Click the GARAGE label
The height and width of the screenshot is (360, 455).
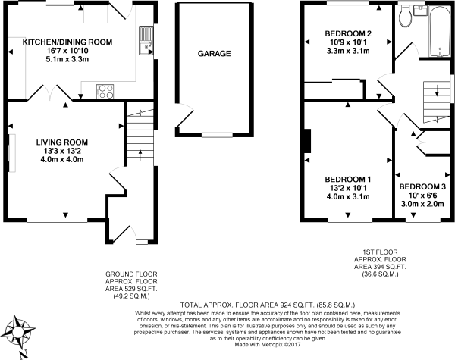pyautogui.click(x=214, y=53)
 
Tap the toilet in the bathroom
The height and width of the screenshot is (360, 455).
pyautogui.click(x=406, y=15)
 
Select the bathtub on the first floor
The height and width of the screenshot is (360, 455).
pyautogui.click(x=439, y=31)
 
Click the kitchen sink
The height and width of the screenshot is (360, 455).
pyautogui.click(x=146, y=40)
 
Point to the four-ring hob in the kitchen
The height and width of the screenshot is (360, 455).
pyautogui.click(x=105, y=92)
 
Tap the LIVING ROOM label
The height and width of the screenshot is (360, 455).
pyautogui.click(x=62, y=142)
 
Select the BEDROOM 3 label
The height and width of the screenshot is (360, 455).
pyautogui.click(x=422, y=186)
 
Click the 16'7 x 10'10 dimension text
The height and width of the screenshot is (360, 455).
pyautogui.click(x=67, y=51)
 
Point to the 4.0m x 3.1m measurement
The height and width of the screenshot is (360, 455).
pyautogui.click(x=348, y=197)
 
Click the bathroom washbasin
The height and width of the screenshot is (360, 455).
pyautogui.click(x=419, y=11)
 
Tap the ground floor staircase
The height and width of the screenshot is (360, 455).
pyautogui.click(x=140, y=137)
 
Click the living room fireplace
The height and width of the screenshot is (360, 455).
pyautogui.click(x=11, y=153)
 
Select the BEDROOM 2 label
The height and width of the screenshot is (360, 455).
pyautogui.click(x=348, y=33)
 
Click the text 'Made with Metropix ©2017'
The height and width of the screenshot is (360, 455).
pyautogui.click(x=267, y=345)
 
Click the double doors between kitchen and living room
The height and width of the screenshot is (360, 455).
pyautogui.click(x=49, y=92)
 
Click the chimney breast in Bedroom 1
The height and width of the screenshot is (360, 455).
pyautogui.click(x=307, y=141)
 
